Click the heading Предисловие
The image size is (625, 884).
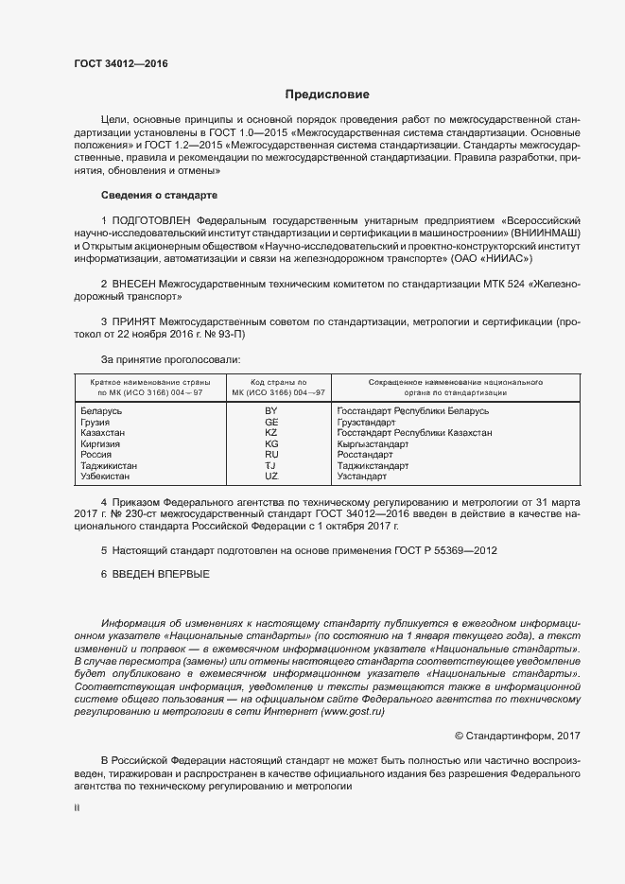point(327,95)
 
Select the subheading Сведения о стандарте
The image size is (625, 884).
point(159,195)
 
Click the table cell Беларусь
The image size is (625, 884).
point(101,411)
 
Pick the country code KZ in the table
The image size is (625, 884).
point(271,433)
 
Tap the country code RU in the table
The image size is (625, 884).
point(271,455)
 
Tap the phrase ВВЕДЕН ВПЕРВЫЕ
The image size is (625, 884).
point(161,575)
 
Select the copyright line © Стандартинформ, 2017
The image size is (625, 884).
point(517,735)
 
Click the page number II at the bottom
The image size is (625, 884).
point(77,808)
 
